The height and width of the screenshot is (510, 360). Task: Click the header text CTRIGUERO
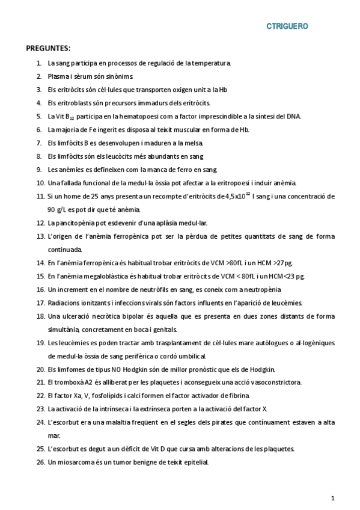point(287,26)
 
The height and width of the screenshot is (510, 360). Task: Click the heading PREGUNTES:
point(48,48)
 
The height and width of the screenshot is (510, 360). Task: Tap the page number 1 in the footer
point(332,498)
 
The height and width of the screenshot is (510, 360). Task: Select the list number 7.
point(39,143)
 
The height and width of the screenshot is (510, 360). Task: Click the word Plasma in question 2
point(59,76)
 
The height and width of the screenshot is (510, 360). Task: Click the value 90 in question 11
point(52,209)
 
